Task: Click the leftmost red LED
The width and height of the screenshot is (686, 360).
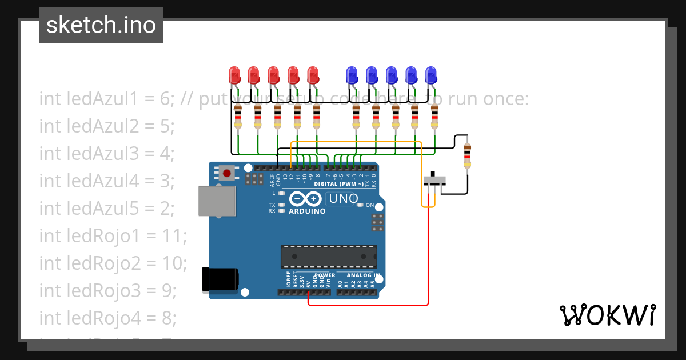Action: pos(234,75)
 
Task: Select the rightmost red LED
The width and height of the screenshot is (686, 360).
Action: pos(313,75)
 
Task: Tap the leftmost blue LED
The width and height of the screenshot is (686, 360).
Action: pos(352,75)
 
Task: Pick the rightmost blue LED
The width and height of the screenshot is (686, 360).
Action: pos(430,75)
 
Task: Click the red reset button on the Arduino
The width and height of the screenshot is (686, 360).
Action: pos(227,173)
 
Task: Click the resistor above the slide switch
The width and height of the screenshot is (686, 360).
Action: pos(467,156)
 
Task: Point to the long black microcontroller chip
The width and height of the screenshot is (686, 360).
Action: pos(329,256)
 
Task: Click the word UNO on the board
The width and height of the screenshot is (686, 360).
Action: pos(342,199)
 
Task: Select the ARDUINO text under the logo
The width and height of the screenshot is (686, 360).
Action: pos(307,211)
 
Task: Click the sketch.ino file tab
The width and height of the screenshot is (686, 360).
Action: pos(101,25)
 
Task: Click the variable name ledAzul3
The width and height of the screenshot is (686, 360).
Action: pos(89,153)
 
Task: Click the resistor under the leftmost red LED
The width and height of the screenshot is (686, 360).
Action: pos(238,117)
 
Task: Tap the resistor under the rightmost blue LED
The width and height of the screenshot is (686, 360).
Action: pos(434,117)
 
